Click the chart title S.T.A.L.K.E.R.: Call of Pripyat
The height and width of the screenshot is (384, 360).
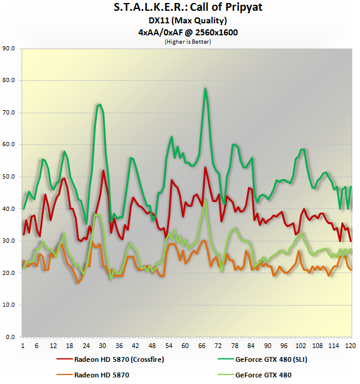coord(180,9)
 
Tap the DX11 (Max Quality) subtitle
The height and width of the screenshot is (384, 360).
coord(180,21)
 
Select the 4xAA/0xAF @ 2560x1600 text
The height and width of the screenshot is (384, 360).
coord(180,32)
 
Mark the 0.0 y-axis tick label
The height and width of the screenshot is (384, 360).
coord(11,337)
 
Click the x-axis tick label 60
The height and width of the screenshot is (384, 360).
coord(184,346)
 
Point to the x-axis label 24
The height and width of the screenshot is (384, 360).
coord(86,346)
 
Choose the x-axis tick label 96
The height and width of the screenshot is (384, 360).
coord(283,346)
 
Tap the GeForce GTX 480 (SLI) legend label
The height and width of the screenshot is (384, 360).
coord(270,359)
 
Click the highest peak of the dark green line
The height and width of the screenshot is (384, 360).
coord(205,89)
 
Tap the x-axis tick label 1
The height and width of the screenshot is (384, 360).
coord(23,346)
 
